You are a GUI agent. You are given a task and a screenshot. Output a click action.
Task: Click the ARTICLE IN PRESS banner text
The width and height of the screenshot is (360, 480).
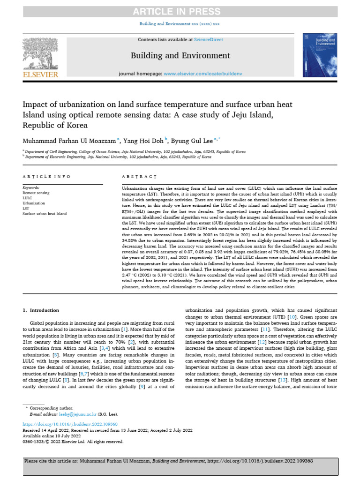180,11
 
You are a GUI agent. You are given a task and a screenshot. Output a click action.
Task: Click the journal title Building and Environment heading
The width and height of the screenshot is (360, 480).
180,56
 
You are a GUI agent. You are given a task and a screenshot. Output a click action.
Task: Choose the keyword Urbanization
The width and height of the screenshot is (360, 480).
34,203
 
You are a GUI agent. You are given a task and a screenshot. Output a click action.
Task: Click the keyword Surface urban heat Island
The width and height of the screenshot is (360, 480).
45,213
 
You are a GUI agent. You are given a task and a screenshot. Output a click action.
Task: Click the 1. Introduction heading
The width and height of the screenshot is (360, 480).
41,310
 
